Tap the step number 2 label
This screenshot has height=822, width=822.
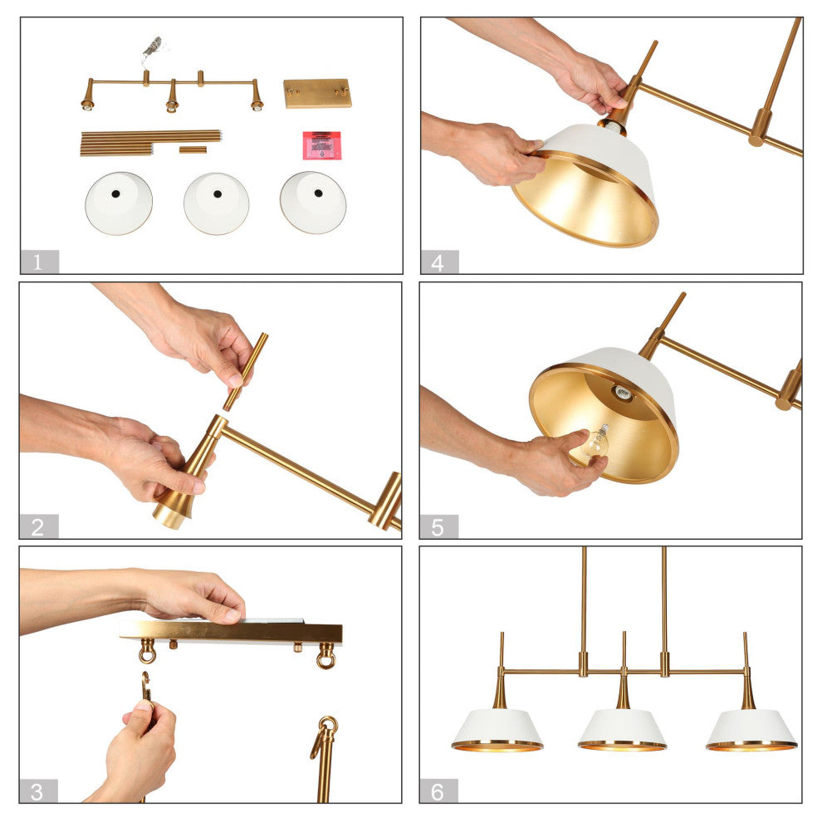tap(37, 527)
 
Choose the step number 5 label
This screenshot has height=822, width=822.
tap(438, 527)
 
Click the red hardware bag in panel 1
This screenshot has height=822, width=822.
tap(322, 145)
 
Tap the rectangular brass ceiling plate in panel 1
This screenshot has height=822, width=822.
tap(317, 93)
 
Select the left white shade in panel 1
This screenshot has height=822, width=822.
tap(119, 203)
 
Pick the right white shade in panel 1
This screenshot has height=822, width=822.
tap(313, 202)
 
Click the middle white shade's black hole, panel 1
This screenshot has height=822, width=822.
tap(217, 194)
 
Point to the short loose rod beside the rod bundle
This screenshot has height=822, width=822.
tap(193, 150)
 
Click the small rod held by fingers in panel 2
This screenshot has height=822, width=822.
tap(245, 372)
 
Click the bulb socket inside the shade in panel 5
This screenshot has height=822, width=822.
tap(623, 392)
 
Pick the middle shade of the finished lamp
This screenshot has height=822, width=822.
tap(622, 729)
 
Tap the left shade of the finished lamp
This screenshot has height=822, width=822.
tap(497, 730)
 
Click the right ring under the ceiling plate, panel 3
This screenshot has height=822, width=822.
tap(326, 657)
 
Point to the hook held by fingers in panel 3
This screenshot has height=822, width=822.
tap(146, 687)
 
